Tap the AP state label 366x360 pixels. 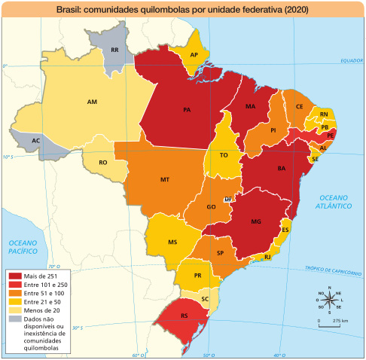pos(194,55)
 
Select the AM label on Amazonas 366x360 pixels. pos(92,102)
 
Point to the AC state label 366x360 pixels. pos(36,141)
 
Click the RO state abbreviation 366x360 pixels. pos(103,163)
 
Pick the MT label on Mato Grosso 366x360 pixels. pos(164,180)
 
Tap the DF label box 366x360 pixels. pos(228,199)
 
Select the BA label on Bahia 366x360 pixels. pos(282,168)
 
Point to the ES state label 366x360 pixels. pos(285,229)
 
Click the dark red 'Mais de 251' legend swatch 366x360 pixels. pos(15,276)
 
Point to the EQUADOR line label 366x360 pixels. pos(351,60)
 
